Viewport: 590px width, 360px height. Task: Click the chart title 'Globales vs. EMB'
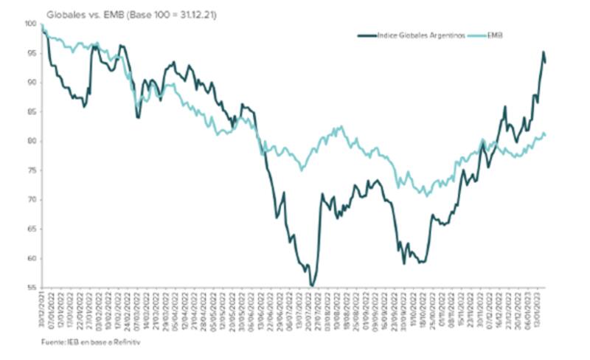click(78, 13)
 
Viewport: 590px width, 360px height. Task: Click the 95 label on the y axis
click(30, 53)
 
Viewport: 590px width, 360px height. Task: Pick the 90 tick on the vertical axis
click(30, 83)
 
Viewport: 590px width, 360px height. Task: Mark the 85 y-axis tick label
click(30, 112)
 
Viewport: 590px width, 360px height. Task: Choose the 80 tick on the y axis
click(30, 142)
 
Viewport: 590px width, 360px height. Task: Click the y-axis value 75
click(30, 170)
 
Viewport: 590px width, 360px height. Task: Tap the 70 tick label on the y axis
click(30, 200)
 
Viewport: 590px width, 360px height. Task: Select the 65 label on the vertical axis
click(30, 229)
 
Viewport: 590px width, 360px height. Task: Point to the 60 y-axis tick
click(30, 259)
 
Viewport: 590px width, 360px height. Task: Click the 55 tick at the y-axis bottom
click(30, 288)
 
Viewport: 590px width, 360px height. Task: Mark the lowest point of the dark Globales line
click(312, 285)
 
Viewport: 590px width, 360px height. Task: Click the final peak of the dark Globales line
click(544, 52)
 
